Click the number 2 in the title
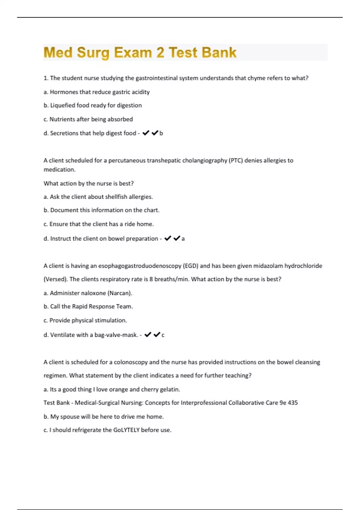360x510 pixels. pyautogui.click(x=160, y=52)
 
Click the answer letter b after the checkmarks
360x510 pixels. pyautogui.click(x=161, y=133)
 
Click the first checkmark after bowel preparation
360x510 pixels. pyautogui.click(x=168, y=238)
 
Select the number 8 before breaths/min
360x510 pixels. pyautogui.click(x=151, y=279)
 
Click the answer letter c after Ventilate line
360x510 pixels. pyautogui.click(x=163, y=335)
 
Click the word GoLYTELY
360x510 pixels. pyautogui.click(x=126, y=430)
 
